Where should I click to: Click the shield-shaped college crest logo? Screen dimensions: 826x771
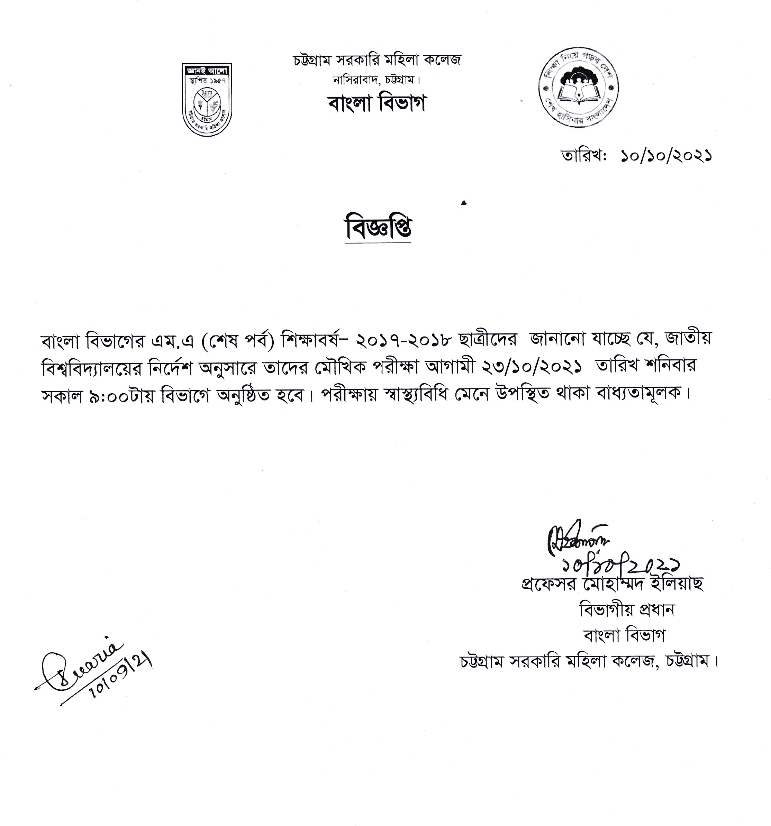click(207, 99)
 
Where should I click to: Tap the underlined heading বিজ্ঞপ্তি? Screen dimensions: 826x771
click(378, 228)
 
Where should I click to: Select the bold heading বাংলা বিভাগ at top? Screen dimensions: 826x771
click(377, 103)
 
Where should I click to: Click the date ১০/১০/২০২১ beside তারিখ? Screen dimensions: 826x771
click(666, 156)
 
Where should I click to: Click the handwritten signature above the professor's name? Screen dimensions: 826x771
click(578, 540)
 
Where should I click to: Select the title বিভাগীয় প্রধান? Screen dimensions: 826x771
click(627, 609)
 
